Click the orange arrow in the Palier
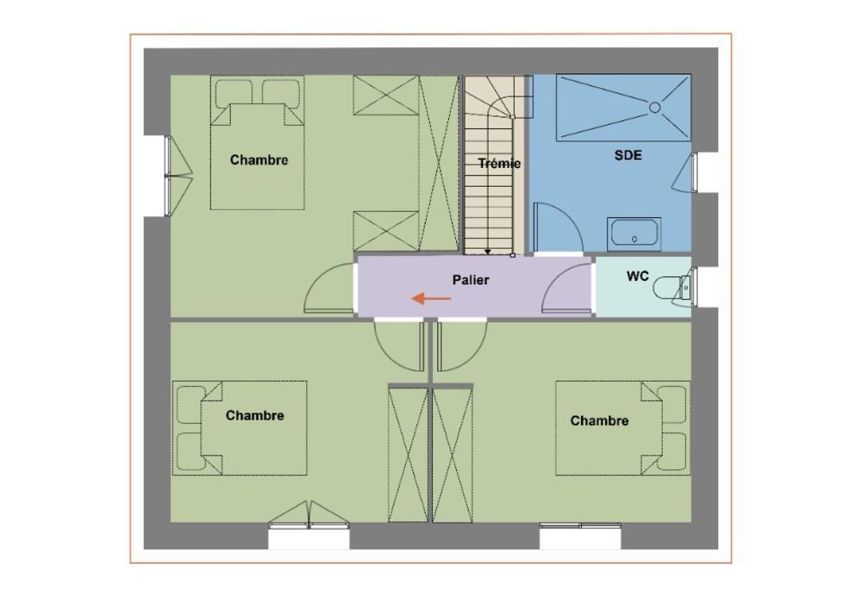[432, 298]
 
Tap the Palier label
[471, 280]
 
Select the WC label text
[638, 276]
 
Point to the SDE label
[628, 155]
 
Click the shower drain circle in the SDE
[655, 108]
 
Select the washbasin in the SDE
[634, 234]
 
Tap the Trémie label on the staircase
[499, 163]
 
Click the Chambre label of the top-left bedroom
[259, 160]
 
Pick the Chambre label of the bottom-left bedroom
[254, 415]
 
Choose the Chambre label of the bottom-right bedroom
[599, 421]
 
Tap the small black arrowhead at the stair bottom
[488, 252]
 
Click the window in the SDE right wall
[694, 172]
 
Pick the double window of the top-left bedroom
[168, 176]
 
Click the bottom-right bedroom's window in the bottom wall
[580, 525]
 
